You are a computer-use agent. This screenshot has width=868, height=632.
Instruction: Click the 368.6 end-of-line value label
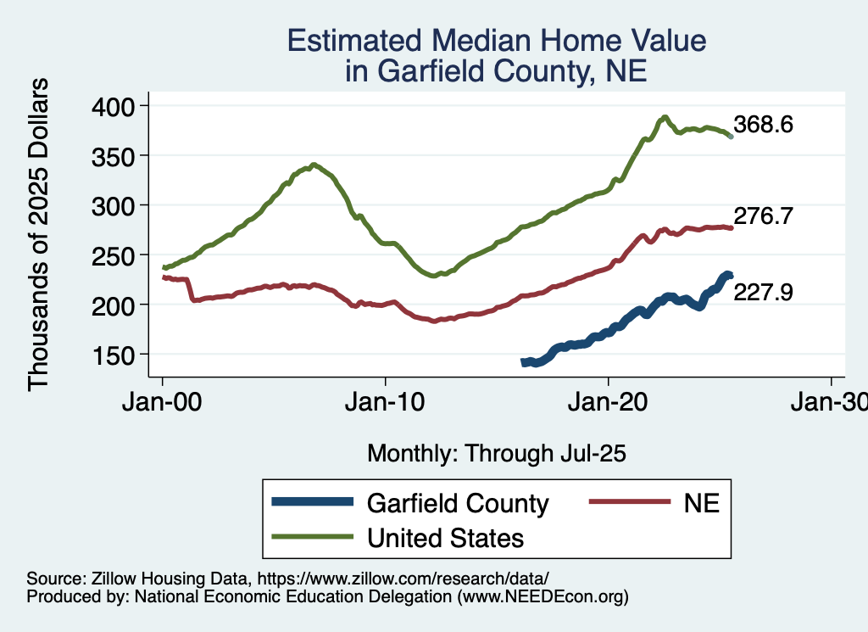coord(763,126)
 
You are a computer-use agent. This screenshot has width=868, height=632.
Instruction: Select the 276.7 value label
coord(763,217)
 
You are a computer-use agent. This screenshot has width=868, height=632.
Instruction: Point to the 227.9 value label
coord(763,294)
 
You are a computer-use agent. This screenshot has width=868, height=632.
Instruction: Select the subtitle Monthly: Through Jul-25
coord(497,454)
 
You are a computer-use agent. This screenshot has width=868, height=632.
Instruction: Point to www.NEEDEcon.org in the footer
coord(542,596)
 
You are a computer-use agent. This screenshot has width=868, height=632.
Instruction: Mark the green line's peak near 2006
coord(314,165)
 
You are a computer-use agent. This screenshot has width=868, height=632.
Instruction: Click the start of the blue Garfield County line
coord(524,362)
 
